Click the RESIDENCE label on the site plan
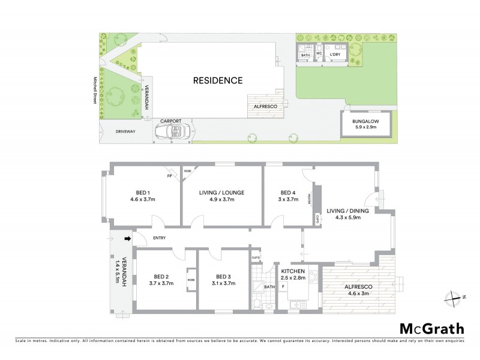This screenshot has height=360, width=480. point(217,80)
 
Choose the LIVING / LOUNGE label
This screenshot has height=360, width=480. point(221,193)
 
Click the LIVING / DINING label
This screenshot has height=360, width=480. point(348,211)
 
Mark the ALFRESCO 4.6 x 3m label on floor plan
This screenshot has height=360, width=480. point(359,290)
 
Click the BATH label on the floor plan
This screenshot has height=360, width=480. point(269,287)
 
